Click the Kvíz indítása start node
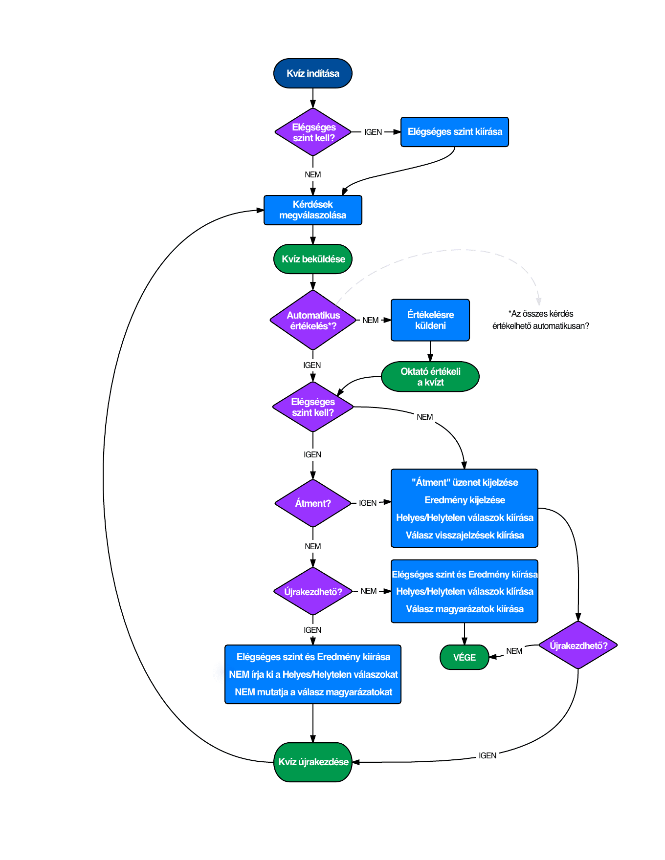click(313, 73)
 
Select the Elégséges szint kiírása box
click(455, 132)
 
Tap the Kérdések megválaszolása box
click(313, 210)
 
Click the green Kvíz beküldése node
click(313, 259)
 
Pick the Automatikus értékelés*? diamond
click(313, 320)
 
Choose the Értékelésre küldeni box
click(430, 320)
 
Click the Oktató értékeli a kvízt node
click(430, 377)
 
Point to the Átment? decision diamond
click(313, 503)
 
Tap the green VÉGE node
click(465, 657)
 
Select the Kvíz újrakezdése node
click(313, 762)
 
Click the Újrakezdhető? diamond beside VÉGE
click(578, 645)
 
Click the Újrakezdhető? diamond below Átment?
click(313, 591)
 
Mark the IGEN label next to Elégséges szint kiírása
click(373, 132)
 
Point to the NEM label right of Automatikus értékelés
click(371, 320)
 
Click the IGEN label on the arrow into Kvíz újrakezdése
click(488, 755)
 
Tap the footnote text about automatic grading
click(541, 320)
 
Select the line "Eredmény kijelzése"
click(465, 500)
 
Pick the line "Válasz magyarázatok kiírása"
click(465, 609)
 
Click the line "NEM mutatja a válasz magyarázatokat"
click(313, 692)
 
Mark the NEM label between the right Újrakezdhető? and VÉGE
click(514, 651)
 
